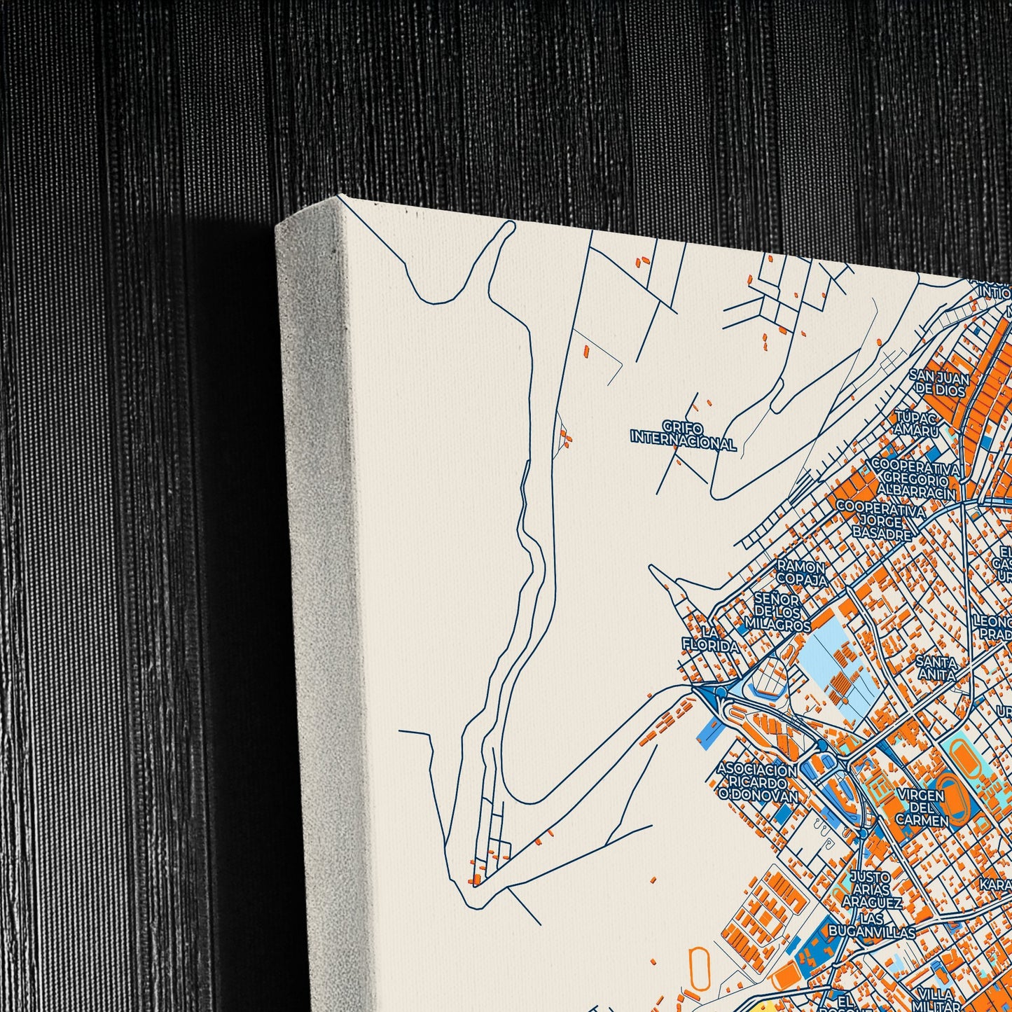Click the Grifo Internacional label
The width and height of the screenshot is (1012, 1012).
click(x=683, y=436)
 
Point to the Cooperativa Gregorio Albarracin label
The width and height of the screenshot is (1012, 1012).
click(x=913, y=480)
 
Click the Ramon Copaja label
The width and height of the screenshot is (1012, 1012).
click(x=801, y=573)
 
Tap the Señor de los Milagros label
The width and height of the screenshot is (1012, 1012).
click(x=777, y=611)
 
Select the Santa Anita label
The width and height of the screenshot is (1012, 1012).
click(x=936, y=668)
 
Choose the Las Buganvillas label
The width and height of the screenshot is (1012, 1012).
click(x=871, y=925)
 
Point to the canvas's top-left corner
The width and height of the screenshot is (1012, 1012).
click(x=340, y=196)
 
